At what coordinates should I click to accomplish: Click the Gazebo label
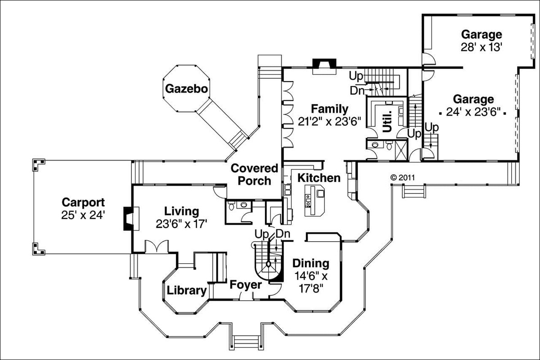coord(186,89)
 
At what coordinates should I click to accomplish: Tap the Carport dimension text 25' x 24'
coord(83,215)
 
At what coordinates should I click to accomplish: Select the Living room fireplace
coord(129,219)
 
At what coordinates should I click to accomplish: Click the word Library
coord(187,290)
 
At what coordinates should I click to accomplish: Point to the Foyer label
coord(245,285)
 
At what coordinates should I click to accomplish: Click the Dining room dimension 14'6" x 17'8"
coord(311,281)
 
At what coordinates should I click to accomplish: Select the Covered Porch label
coord(254,175)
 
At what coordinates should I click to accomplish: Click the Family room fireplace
coord(324,65)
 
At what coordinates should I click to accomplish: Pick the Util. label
coord(387,120)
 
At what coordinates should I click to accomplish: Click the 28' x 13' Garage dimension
coord(481,48)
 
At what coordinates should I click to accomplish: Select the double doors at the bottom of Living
coord(157,247)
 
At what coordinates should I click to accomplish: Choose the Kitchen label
coord(319,178)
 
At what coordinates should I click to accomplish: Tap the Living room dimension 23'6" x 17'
coord(181,224)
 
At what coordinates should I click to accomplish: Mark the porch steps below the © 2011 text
coord(414,192)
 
